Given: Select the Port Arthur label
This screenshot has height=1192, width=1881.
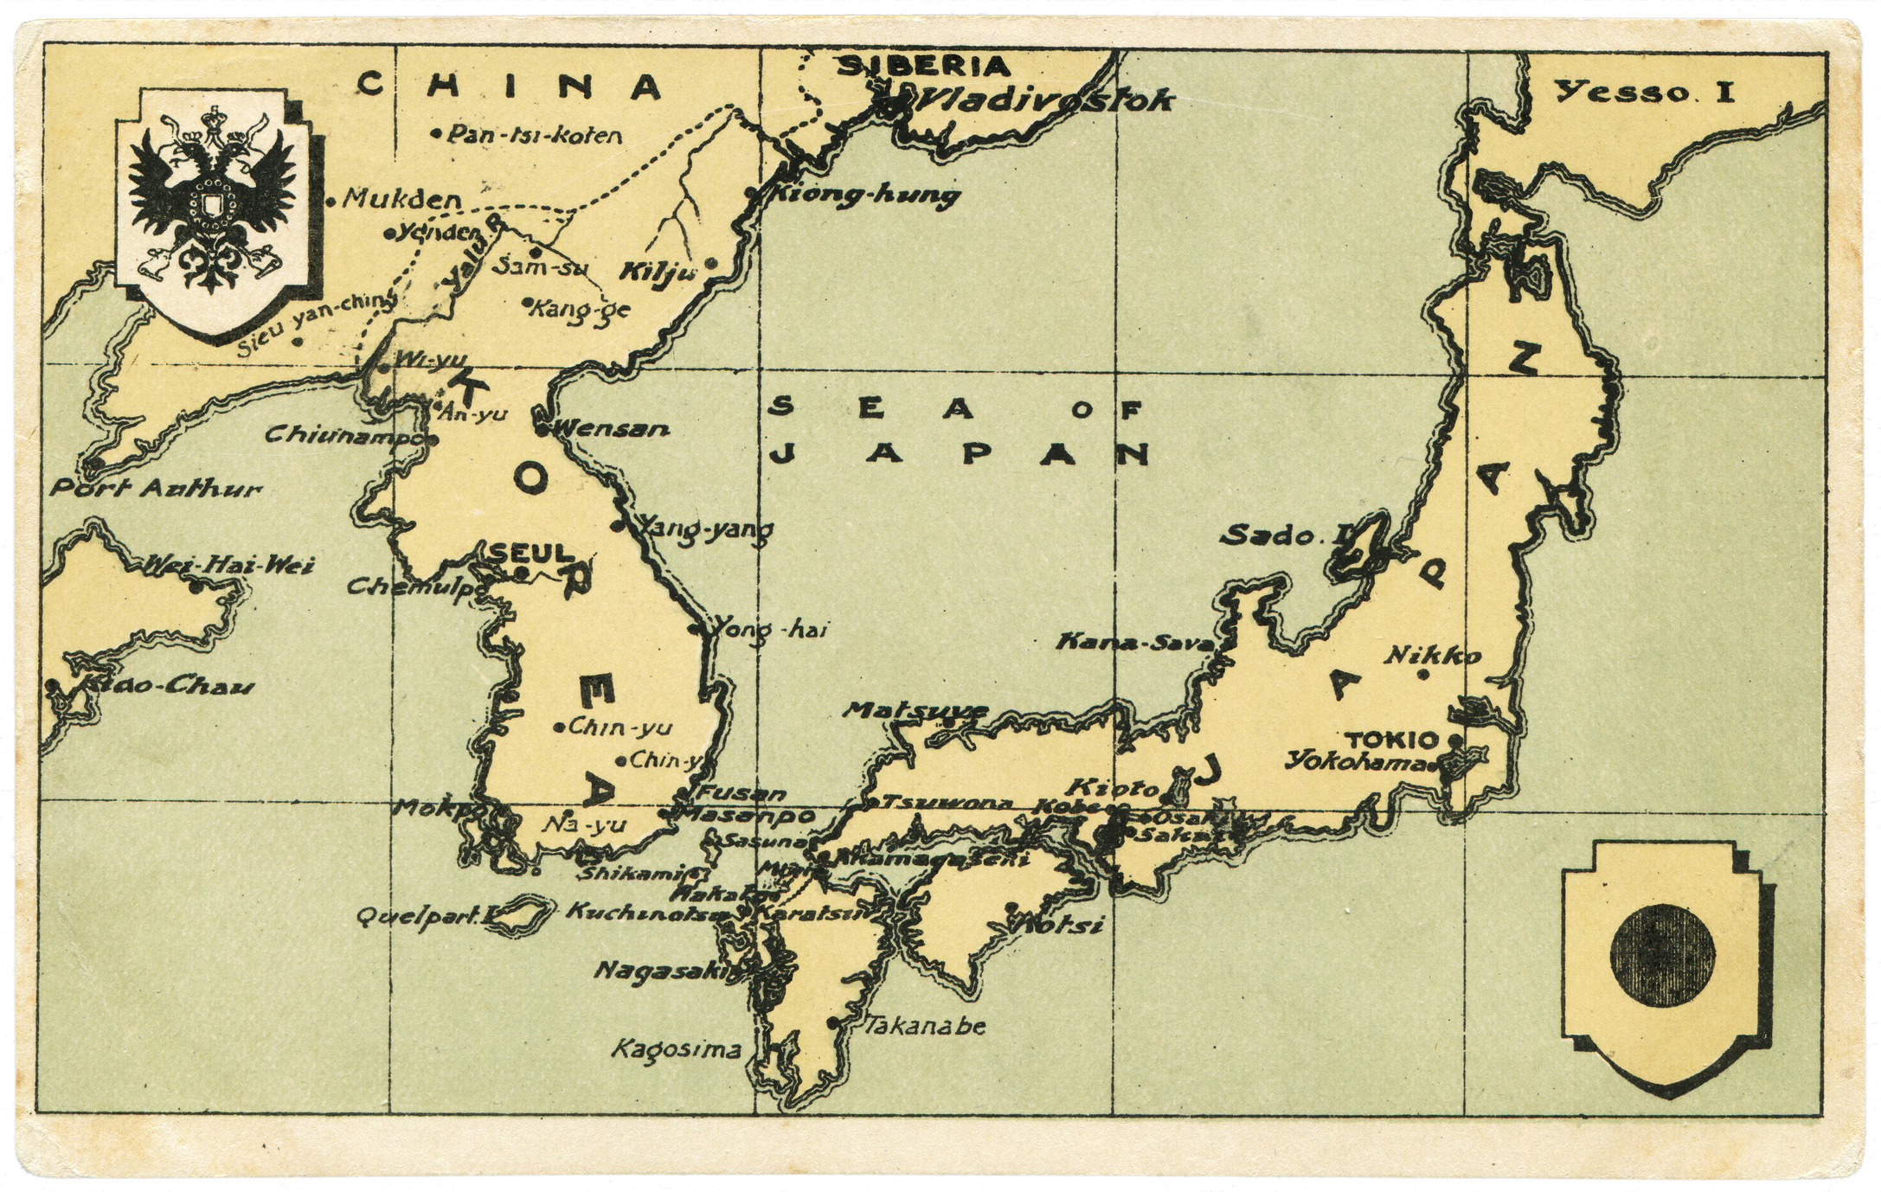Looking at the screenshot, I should click(x=156, y=490).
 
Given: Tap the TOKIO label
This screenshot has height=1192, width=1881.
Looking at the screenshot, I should click(x=1391, y=740).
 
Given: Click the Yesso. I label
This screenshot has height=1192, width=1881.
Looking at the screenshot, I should click(x=1645, y=92).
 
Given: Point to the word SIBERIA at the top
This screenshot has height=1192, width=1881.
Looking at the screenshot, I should click(x=925, y=66).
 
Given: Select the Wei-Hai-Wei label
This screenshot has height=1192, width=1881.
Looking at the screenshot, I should click(x=228, y=566).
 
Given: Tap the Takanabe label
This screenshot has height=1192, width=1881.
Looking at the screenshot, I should click(x=925, y=1027).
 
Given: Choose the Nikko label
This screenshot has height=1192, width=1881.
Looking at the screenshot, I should click(x=1432, y=656).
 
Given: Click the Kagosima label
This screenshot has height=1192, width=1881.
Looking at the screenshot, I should click(x=677, y=1050).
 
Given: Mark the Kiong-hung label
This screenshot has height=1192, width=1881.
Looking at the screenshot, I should click(x=864, y=195).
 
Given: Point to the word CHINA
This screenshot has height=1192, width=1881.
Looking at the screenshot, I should click(x=510, y=87).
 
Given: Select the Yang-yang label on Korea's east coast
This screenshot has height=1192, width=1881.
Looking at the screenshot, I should click(x=705, y=529).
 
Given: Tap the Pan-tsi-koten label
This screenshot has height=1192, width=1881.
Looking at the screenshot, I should click(x=536, y=135).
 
